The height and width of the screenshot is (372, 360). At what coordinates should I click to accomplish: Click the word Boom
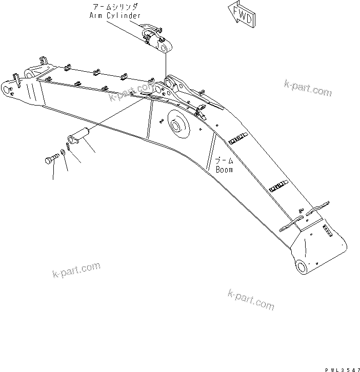point(224,169)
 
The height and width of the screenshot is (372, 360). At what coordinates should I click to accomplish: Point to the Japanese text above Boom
point(224,161)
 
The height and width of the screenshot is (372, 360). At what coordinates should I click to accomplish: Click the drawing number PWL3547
point(342,368)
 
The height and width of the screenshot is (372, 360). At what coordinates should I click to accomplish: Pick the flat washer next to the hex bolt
point(62,152)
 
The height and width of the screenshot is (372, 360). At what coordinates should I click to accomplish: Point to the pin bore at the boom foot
point(300,266)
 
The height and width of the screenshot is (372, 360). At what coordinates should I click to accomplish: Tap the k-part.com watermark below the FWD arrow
point(307,88)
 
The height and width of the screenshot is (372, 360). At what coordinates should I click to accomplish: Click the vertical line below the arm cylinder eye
point(165,67)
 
